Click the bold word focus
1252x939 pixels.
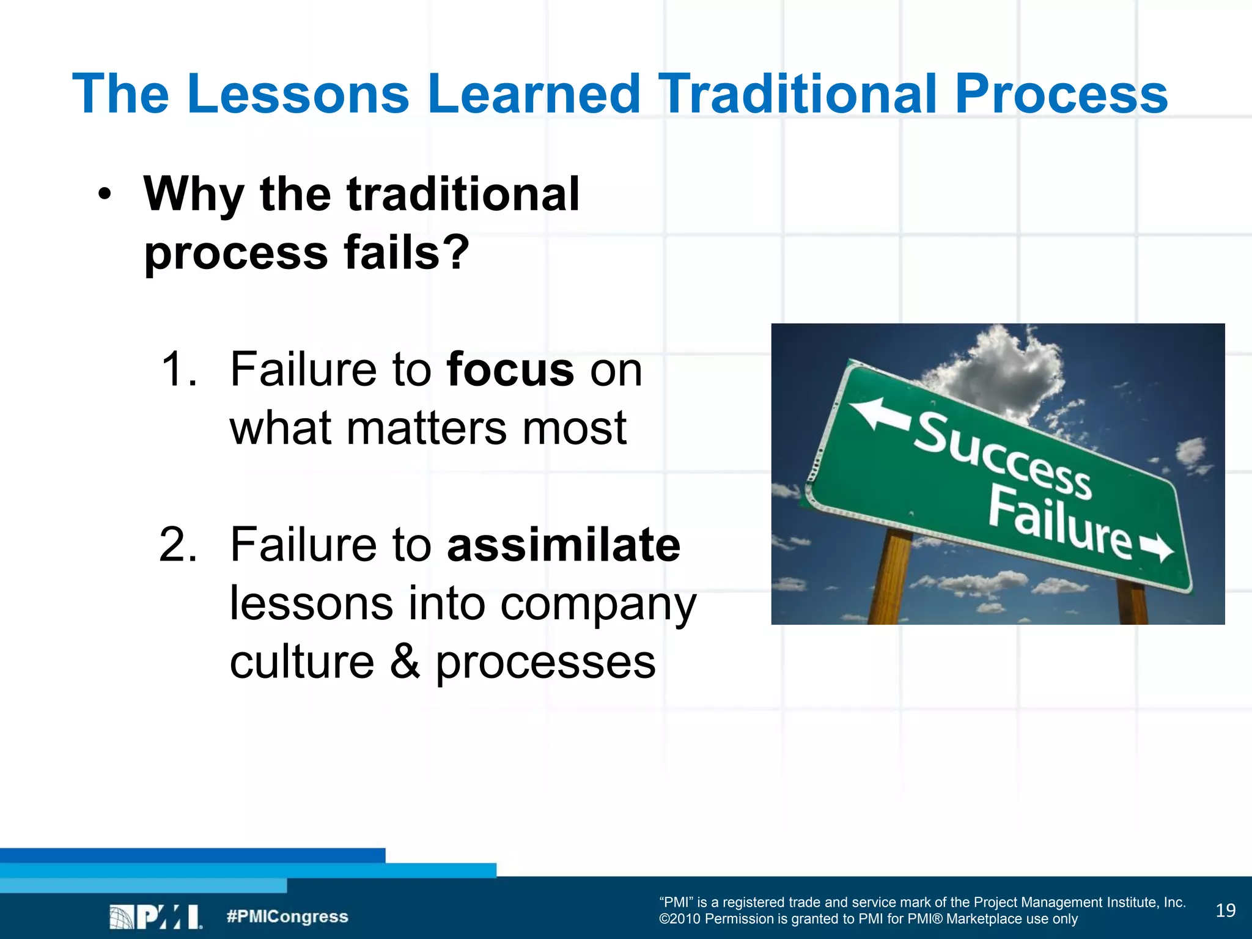pos(510,370)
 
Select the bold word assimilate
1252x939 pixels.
pos(563,545)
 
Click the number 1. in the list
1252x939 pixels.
pos(179,370)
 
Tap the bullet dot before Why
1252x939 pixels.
pos(105,194)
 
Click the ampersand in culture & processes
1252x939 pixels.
pos(405,661)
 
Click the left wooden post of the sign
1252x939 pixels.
pos(894,578)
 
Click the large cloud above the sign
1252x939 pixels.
pos(1003,373)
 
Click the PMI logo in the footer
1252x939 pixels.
pos(156,916)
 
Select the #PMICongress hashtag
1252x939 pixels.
pos(287,916)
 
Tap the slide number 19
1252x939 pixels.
pos(1225,911)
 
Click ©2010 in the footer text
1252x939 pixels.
pos(679,919)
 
